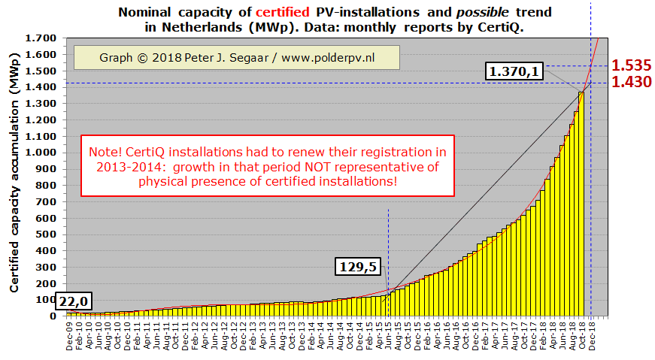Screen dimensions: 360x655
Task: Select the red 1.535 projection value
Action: coord(631,65)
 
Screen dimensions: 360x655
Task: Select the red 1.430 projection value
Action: coord(631,82)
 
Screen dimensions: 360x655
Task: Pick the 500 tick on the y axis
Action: coord(50,234)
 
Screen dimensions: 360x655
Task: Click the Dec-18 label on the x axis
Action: coord(593,335)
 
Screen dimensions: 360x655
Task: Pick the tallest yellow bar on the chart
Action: coord(581,204)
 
